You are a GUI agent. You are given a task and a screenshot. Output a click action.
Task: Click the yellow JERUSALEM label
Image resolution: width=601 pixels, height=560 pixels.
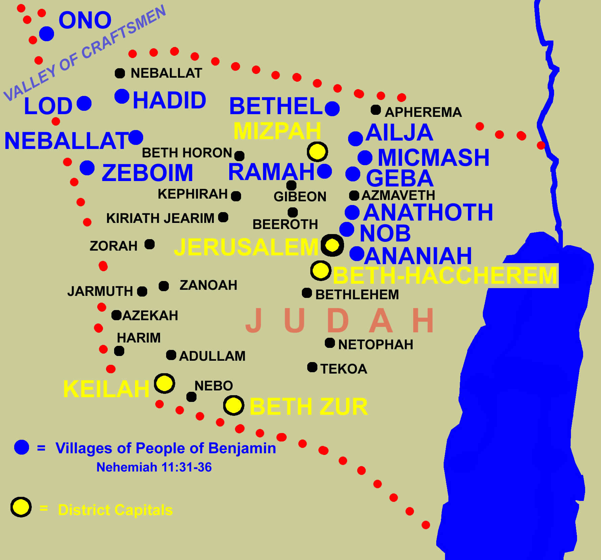(246, 247)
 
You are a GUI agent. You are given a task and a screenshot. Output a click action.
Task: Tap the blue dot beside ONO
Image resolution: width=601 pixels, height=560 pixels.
(47, 34)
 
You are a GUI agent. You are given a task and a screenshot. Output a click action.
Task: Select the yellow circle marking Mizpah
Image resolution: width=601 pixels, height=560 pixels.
(317, 152)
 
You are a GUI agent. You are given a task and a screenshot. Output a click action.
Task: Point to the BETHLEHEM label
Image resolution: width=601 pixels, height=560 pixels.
(357, 295)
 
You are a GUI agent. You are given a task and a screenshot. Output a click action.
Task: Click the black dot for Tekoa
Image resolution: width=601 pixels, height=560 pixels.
(312, 367)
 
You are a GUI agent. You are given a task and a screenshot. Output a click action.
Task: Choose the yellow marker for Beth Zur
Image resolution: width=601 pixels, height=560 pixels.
(234, 405)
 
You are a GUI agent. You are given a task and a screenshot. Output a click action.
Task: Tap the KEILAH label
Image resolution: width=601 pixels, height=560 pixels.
(106, 389)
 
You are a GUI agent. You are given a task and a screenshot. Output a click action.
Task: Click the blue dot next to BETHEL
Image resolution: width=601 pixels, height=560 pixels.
(332, 108)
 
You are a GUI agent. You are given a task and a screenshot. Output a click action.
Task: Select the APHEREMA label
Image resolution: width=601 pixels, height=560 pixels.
(423, 112)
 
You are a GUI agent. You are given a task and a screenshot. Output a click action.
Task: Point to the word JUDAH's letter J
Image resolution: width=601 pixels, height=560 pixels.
(254, 321)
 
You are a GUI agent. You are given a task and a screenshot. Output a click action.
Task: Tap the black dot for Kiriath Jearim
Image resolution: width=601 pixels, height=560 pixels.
(223, 217)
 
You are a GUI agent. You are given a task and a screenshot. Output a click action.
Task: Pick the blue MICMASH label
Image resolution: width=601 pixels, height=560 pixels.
(433, 158)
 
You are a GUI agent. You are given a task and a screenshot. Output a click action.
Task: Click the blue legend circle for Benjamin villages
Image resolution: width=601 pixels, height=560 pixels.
(22, 448)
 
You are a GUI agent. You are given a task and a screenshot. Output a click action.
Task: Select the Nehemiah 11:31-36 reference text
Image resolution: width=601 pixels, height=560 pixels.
(154, 467)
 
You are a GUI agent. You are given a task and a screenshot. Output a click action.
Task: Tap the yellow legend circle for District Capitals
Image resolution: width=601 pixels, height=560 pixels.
(21, 507)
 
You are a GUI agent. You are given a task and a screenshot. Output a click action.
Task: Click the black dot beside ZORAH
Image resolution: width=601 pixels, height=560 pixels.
(150, 244)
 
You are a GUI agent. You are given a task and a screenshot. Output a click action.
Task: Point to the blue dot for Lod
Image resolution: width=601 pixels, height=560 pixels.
(84, 103)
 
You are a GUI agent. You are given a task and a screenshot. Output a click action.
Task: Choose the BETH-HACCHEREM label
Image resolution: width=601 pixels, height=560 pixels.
(445, 276)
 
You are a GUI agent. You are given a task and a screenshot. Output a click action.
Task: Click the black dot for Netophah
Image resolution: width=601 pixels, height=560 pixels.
(330, 343)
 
